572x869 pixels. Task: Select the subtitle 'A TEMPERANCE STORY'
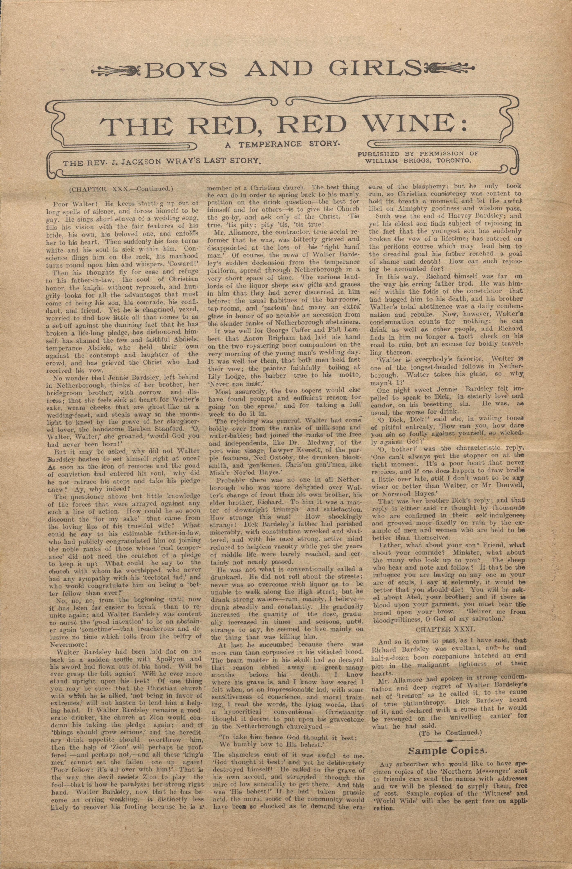click(282, 144)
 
